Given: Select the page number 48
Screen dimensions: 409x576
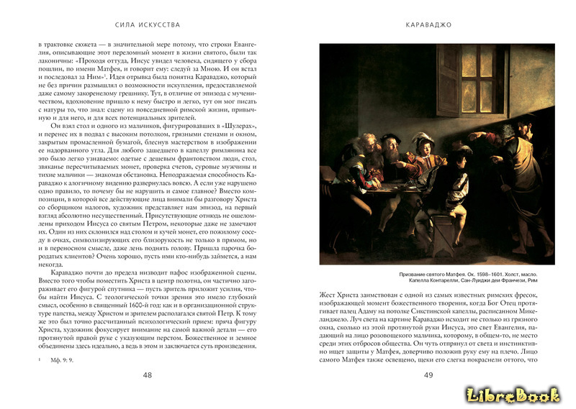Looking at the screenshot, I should [148, 374].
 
